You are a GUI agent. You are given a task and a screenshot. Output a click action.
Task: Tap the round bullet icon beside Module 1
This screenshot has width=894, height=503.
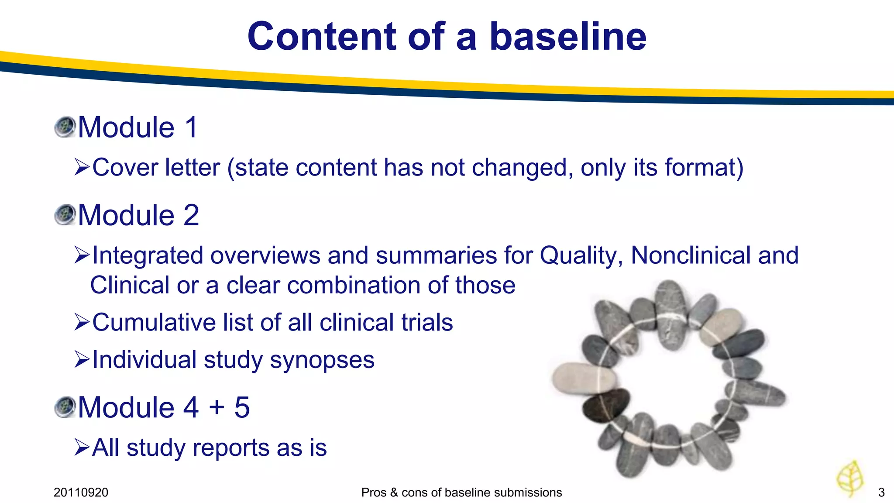click(65, 127)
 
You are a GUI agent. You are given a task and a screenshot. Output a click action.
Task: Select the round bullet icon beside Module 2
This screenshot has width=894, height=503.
click(65, 215)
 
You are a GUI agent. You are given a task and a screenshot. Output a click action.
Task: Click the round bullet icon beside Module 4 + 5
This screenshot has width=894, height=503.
click(65, 407)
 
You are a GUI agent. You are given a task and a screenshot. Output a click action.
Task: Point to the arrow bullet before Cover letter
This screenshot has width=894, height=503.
click(82, 167)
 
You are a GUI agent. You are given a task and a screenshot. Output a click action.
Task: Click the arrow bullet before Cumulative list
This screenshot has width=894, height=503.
click(82, 322)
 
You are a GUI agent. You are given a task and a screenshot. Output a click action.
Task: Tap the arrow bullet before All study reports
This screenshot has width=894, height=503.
click(82, 448)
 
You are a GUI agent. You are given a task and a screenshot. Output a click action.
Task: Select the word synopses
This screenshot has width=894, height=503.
click(322, 361)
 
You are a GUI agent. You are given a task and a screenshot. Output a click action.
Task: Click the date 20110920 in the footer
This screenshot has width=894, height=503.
click(81, 493)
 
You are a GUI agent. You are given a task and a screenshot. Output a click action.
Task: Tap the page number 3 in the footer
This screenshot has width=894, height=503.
click(881, 493)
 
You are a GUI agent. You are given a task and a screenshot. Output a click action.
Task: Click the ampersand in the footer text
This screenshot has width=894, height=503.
click(394, 493)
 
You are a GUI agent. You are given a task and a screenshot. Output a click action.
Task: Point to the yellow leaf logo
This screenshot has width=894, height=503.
click(850, 479)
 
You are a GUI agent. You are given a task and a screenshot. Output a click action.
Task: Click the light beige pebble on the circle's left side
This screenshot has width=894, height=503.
click(583, 378)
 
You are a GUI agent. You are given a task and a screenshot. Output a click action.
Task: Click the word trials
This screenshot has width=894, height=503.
click(427, 323)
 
